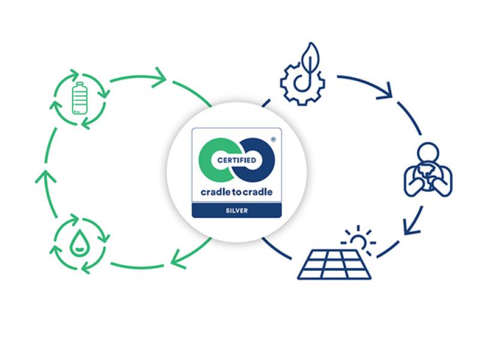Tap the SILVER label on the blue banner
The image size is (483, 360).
tap(237, 210)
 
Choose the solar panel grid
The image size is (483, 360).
tap(334, 263)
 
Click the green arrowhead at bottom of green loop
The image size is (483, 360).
tap(178, 259)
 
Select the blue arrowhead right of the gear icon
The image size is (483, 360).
tap(385, 91)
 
